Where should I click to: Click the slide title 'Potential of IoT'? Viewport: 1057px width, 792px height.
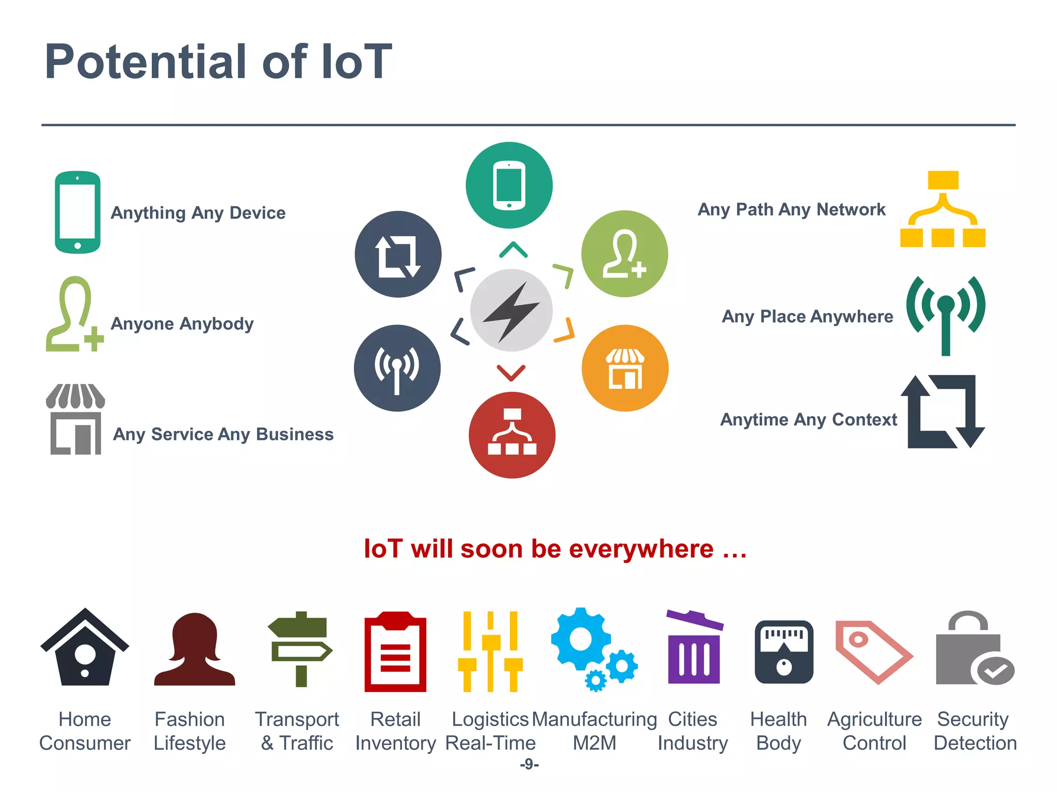point(218,62)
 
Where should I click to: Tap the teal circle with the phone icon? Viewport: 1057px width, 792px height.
point(509,185)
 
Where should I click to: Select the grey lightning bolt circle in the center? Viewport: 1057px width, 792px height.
point(511,310)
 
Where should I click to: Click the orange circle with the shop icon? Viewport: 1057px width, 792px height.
point(624,368)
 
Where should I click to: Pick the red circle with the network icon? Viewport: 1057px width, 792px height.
point(512,435)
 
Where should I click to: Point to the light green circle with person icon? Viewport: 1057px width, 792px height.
point(624,254)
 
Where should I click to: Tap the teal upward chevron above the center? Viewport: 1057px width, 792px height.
point(513,250)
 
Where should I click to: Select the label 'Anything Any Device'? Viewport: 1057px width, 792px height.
point(198,213)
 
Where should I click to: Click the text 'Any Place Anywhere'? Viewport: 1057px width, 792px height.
point(807,316)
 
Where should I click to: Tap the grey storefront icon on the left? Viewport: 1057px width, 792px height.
point(75,419)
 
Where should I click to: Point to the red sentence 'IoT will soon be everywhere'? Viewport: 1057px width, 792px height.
point(555,549)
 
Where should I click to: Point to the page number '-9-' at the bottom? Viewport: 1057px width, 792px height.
point(530,764)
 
